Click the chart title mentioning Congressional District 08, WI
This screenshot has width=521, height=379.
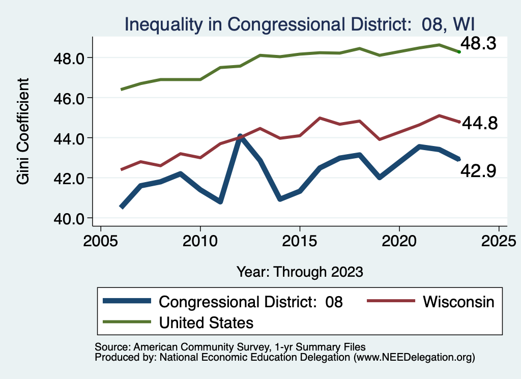click(300, 23)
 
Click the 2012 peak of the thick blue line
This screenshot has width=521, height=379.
click(240, 136)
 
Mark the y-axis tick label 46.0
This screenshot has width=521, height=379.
click(68, 98)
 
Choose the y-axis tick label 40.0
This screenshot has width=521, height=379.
click(68, 218)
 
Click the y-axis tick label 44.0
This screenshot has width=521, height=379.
click(68, 138)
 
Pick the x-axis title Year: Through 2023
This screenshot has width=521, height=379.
click(300, 271)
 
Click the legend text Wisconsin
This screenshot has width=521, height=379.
click(458, 302)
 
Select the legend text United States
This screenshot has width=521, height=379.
click(206, 323)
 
